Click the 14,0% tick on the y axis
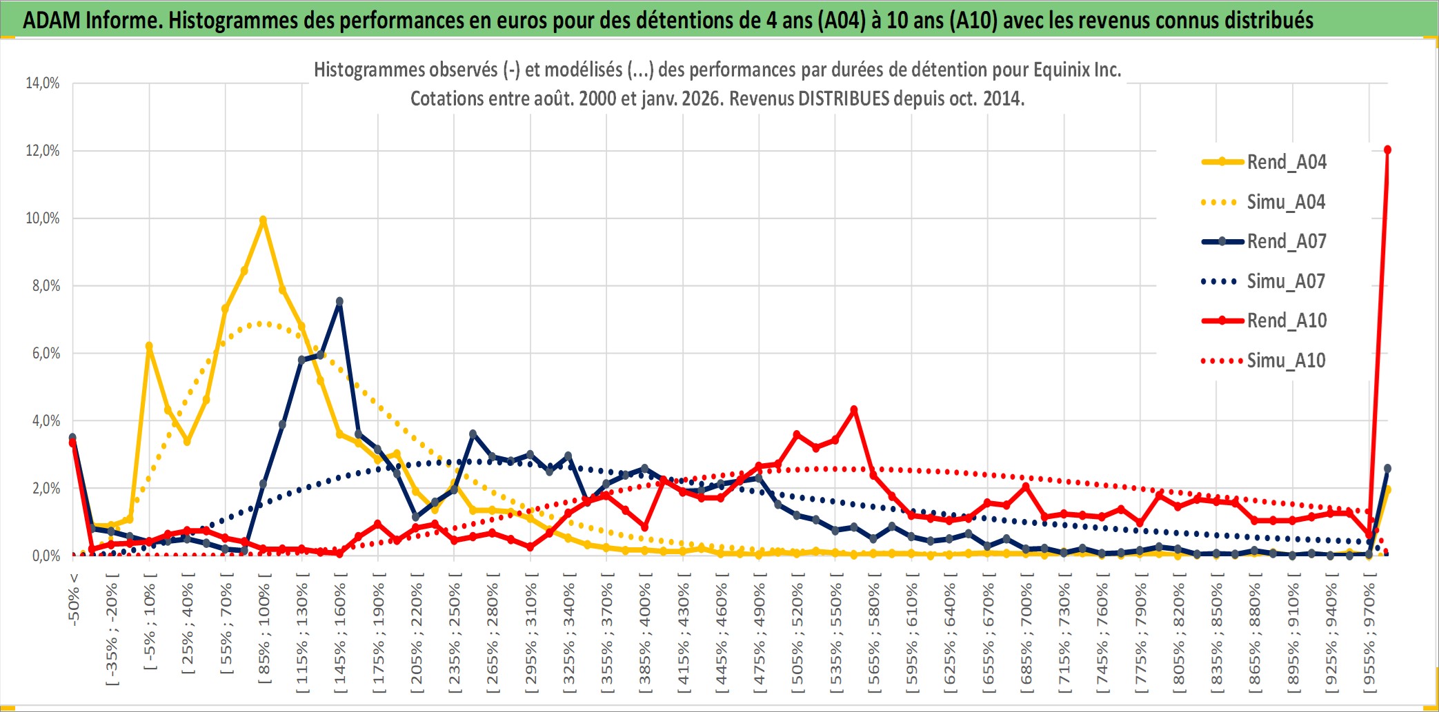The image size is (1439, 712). [x=43, y=83]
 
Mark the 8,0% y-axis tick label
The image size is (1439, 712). [x=46, y=286]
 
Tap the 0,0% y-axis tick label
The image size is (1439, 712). [x=46, y=556]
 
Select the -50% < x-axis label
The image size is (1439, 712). [x=74, y=599]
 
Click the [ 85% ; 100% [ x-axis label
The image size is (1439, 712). [x=264, y=634]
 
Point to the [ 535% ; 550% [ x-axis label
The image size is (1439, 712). [x=836, y=634]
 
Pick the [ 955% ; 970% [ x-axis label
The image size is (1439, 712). [x=1369, y=634]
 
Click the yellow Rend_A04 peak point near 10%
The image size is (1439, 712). [x=263, y=220]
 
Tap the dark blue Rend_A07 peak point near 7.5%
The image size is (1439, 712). [x=339, y=301]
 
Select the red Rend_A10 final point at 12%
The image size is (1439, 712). [x=1387, y=150]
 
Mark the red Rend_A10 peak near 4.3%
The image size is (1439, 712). [x=854, y=409]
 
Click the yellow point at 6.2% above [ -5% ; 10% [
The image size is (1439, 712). [x=149, y=346]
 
